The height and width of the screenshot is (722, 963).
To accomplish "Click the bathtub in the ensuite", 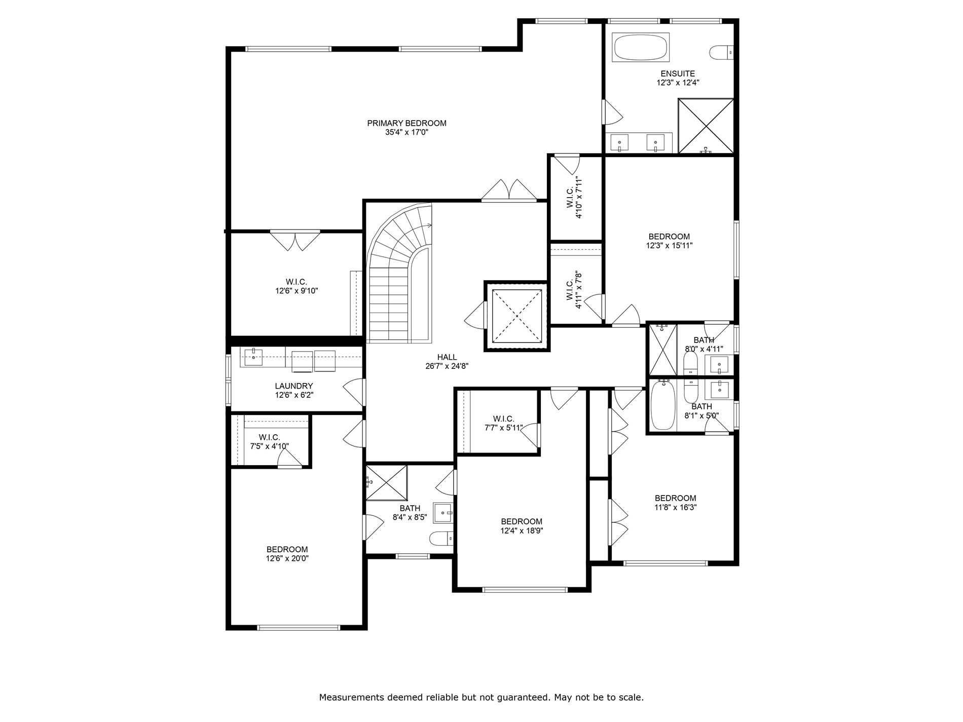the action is [x=641, y=48].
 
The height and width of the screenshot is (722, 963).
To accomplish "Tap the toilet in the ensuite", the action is [x=721, y=51].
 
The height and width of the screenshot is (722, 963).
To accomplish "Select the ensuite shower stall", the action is [x=706, y=126].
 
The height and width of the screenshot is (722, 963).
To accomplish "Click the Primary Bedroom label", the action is [x=406, y=123].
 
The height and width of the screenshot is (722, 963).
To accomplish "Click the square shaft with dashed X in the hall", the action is [x=516, y=316].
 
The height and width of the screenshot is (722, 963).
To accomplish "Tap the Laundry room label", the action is [x=293, y=386].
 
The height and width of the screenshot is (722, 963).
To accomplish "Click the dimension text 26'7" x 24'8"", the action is [x=447, y=366].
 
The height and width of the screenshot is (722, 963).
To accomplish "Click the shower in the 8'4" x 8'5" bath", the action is [x=386, y=482].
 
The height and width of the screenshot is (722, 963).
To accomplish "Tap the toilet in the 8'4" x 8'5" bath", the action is [x=440, y=538].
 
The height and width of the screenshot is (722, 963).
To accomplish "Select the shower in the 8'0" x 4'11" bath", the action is [x=662, y=350].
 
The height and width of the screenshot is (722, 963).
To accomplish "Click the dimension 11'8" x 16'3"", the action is [x=675, y=507].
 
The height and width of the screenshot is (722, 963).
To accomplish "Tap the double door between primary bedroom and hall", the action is [x=508, y=191].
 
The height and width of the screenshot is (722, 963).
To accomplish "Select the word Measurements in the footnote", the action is [x=351, y=698].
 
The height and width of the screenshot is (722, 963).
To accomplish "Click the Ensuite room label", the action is [x=678, y=73].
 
